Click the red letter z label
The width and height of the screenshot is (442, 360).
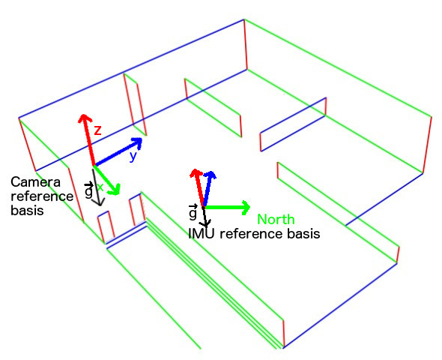(x=97, y=130)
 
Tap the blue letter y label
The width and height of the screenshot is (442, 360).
(x=133, y=156)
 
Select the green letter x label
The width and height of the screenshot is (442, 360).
(x=100, y=187)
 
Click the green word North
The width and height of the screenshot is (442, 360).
(x=276, y=219)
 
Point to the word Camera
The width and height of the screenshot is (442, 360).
(x=35, y=182)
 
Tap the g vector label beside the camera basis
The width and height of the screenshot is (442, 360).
(x=89, y=190)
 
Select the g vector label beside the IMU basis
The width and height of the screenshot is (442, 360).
(x=193, y=212)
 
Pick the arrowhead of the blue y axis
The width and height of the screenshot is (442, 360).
(x=137, y=142)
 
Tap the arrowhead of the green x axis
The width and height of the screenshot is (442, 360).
(x=115, y=190)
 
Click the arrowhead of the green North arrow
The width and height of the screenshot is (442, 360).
(x=246, y=208)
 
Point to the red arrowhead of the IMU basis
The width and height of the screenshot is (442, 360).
(x=196, y=173)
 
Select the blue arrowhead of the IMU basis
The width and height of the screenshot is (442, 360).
(x=211, y=175)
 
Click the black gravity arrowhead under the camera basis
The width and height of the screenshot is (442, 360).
(x=99, y=202)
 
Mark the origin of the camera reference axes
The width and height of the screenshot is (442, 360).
(x=94, y=165)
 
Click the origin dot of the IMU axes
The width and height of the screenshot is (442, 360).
(x=203, y=208)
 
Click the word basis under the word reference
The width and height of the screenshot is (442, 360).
(x=27, y=211)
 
